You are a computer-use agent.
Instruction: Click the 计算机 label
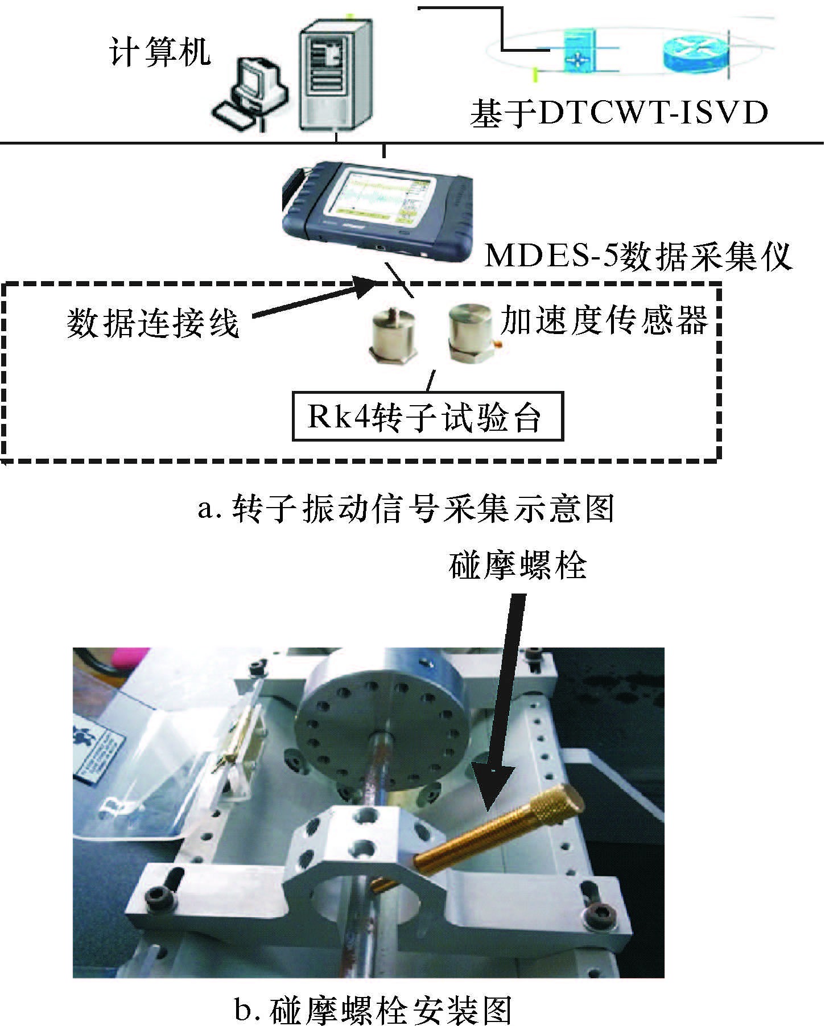pyautogui.click(x=160, y=52)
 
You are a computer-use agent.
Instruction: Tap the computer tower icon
pyautogui.click(x=337, y=74)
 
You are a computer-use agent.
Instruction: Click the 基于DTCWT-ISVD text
pyautogui.click(x=619, y=113)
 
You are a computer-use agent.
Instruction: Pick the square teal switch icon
pyautogui.click(x=579, y=51)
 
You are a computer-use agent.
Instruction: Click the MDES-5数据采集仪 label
pyautogui.click(x=638, y=256)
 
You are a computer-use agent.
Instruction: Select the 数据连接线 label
pyautogui.click(x=152, y=324)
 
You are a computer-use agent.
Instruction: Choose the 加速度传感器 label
pyautogui.click(x=604, y=320)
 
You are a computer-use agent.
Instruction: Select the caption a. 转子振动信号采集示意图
pyautogui.click(x=406, y=508)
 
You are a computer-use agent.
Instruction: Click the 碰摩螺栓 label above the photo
pyautogui.click(x=517, y=565)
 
